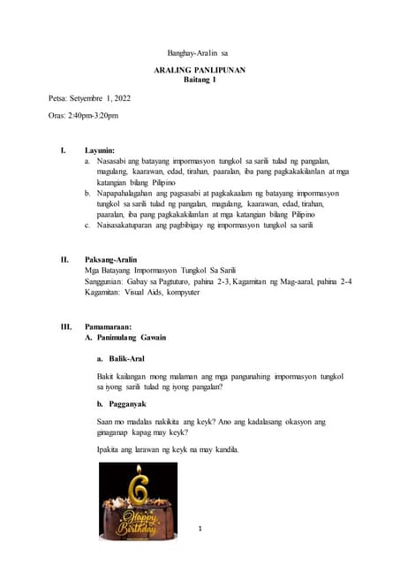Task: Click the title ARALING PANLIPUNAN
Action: pos(200,69)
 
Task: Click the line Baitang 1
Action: pos(200,80)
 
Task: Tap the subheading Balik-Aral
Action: pos(127,358)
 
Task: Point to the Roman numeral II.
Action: pos(64,259)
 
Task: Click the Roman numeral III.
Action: pos(66,326)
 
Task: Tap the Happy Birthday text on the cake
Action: pos(139,520)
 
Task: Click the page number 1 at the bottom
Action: pos(200,529)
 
